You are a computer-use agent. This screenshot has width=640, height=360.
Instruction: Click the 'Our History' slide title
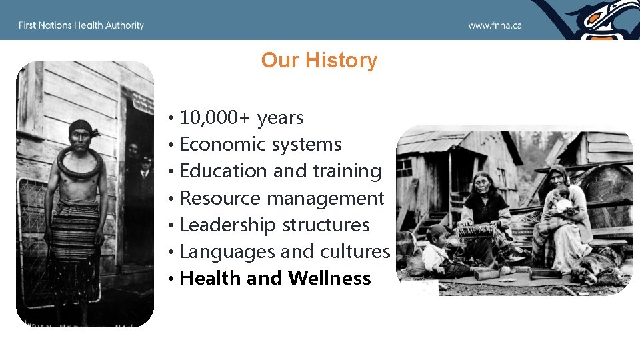tap(319, 60)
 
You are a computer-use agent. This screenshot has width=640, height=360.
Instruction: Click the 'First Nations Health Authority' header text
tap(81, 25)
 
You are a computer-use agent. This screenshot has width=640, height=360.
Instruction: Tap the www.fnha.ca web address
tap(495, 25)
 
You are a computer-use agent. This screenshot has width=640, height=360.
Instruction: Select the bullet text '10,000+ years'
tap(241, 118)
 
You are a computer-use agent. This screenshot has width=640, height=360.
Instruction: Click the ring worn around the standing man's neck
tap(80, 163)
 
